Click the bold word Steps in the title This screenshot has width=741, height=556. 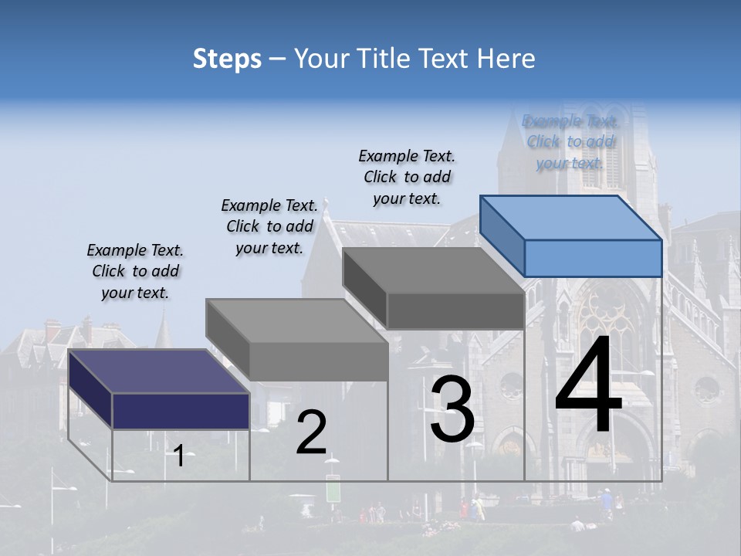click(x=227, y=59)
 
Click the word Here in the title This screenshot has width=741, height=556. click(x=509, y=59)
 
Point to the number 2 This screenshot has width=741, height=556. click(x=311, y=432)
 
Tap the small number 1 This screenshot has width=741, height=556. click(x=178, y=456)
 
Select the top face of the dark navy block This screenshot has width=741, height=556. click(x=159, y=371)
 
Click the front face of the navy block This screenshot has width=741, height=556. click(x=181, y=411)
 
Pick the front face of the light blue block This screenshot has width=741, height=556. click(x=593, y=258)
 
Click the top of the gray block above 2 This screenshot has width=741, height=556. click(x=296, y=320)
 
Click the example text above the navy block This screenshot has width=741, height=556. click(x=135, y=271)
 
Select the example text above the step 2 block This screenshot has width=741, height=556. click(x=269, y=226)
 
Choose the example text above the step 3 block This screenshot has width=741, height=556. click(x=407, y=177)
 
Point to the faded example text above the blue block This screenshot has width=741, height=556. click(x=570, y=141)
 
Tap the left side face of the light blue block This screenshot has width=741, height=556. click(x=502, y=236)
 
